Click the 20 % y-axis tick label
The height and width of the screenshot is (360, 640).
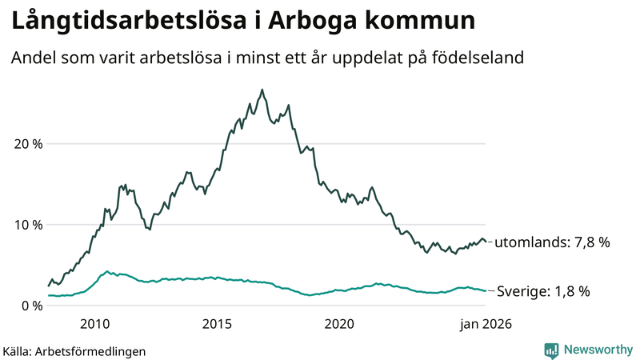pos(26,144)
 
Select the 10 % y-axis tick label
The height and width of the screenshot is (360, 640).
pos(26,225)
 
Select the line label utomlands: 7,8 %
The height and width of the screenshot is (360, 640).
pos(553,242)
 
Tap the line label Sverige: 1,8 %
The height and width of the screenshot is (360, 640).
pos(543,291)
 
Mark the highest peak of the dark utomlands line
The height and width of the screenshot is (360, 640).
pos(262,90)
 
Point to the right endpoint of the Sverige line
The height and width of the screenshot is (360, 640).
pos(486,290)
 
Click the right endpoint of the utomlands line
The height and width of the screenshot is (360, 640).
pos(486,242)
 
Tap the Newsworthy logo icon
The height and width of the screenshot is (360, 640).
pos(551,350)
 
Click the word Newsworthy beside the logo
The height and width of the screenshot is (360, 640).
pos(597,350)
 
